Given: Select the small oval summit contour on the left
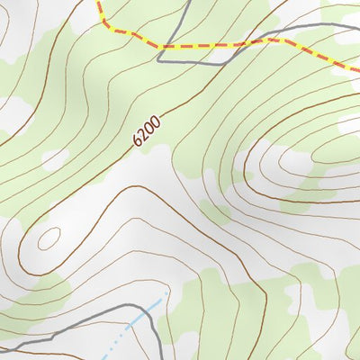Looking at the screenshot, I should [48, 238].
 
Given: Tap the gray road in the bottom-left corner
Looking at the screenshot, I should [36, 338].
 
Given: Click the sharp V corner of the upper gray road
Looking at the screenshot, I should [159, 60].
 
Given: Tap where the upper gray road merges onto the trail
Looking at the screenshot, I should [261, 40].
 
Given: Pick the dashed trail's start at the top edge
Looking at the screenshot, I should [96, 2].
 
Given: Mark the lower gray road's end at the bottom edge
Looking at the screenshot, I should [162, 357].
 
